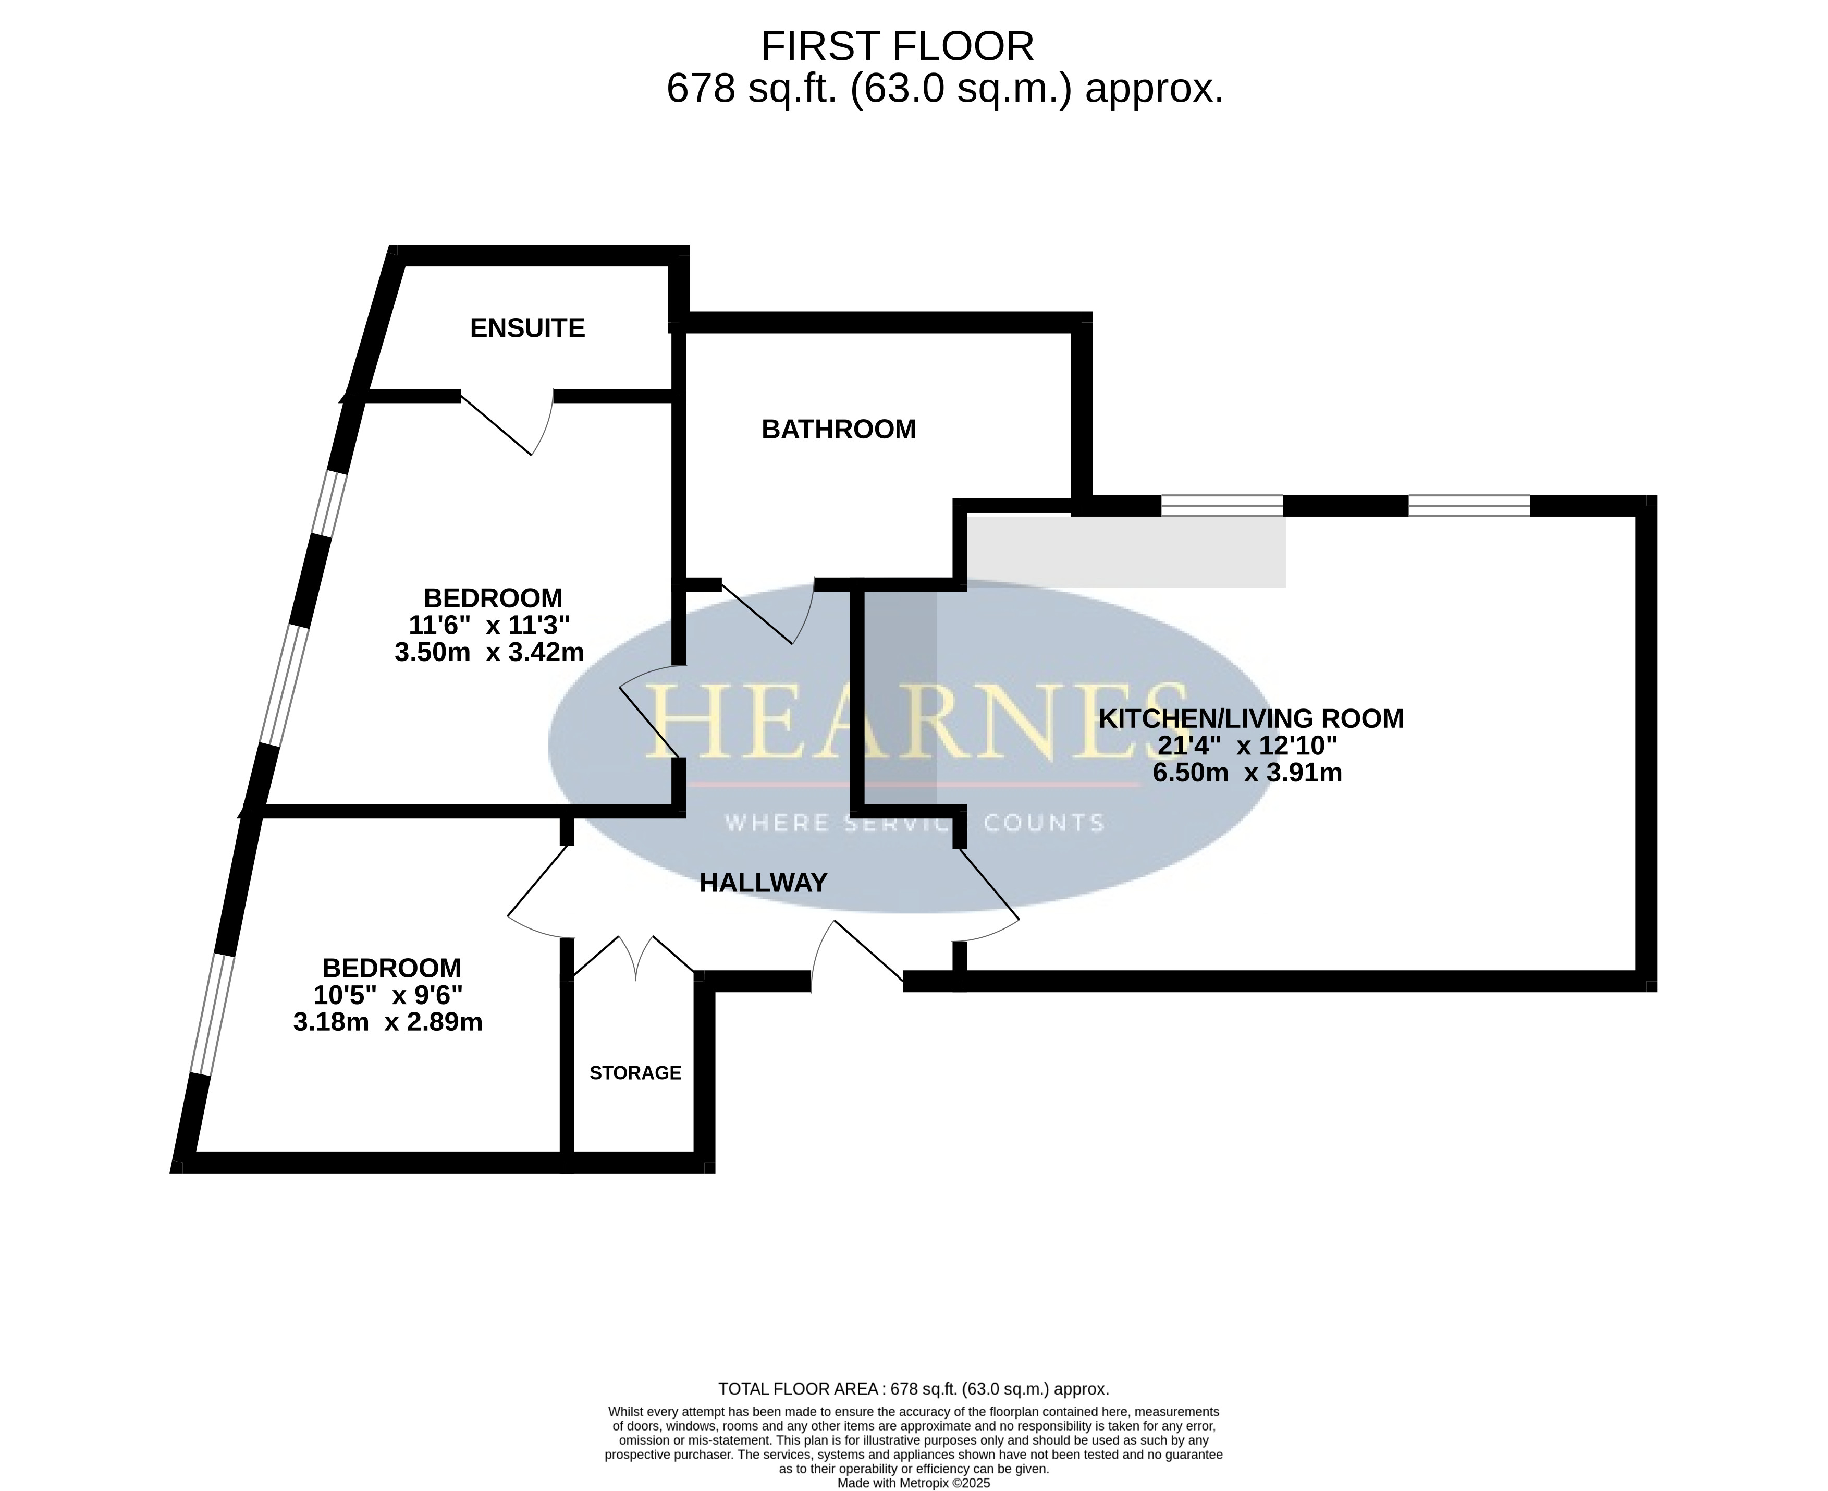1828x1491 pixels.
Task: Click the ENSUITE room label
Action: pos(527,328)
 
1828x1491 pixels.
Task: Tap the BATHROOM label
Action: pos(839,430)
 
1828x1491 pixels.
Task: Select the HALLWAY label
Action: pos(763,883)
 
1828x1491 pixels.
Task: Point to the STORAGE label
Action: pos(635,1073)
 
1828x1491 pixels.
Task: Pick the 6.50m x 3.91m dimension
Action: pos(1247,773)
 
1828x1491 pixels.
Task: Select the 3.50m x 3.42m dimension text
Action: pos(489,653)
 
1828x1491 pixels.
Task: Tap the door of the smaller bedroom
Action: pos(538,890)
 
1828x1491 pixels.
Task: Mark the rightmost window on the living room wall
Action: pos(1469,506)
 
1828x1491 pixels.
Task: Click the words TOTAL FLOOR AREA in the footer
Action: pos(798,1389)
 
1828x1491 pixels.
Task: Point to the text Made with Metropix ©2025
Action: pos(914,1483)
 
